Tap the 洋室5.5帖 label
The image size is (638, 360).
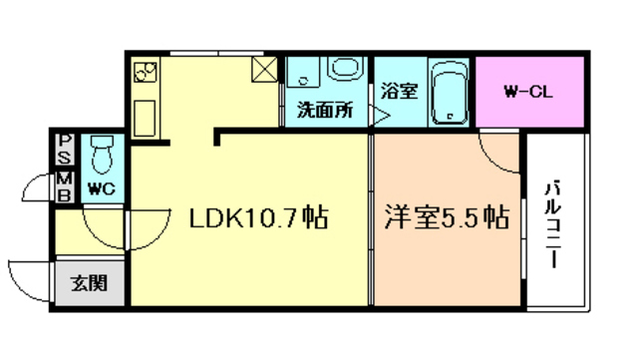[446, 216]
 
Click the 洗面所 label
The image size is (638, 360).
[325, 111]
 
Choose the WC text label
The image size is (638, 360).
[100, 187]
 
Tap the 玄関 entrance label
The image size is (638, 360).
[89, 284]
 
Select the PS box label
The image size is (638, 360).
[64, 151]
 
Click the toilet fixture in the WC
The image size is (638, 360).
[101, 155]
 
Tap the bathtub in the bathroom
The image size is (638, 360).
[449, 93]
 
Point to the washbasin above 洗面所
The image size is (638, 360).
[345, 72]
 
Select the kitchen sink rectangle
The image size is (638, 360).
[146, 117]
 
